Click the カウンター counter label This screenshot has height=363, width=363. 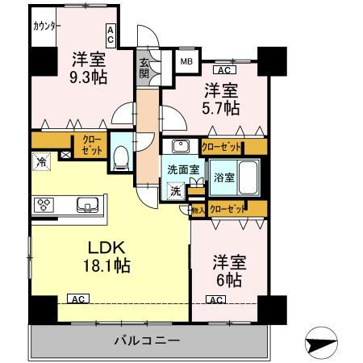click(46, 27)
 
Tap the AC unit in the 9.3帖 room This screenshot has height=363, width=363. click(111, 36)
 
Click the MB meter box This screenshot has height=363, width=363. click(186, 61)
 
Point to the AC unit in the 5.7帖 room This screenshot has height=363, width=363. click(224, 70)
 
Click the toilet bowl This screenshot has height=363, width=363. click(121, 158)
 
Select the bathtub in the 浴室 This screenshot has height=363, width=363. click(248, 177)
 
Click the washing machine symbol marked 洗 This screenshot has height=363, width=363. click(176, 191)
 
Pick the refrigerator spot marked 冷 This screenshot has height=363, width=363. click(41, 162)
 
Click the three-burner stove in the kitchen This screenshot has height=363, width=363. click(44, 205)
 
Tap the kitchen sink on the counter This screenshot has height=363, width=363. click(87, 205)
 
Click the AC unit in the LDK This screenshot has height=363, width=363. click(78, 298)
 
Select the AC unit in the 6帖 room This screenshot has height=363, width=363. click(216, 299)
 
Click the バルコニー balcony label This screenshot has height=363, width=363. click(147, 341)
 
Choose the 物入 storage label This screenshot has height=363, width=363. click(198, 211)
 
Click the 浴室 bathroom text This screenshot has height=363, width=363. click(224, 177)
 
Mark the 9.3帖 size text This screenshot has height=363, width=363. click(89, 78)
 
